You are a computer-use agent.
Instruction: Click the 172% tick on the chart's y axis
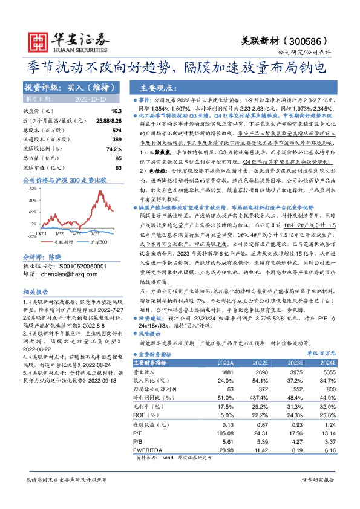[x=31, y=189]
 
